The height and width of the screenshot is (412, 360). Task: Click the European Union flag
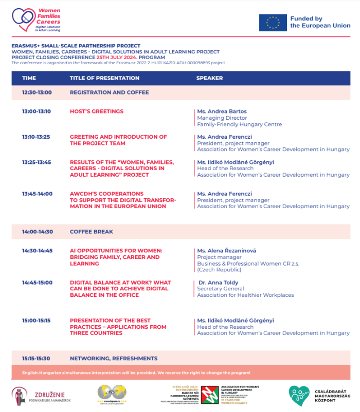pos(273,23)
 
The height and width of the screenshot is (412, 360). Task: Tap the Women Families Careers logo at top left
pos(36,20)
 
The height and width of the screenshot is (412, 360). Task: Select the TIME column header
pos(29,78)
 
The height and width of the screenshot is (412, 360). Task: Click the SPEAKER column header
pos(209,78)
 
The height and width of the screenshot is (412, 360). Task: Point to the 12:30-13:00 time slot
pos(37,92)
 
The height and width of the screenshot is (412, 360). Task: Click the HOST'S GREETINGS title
pos(97,111)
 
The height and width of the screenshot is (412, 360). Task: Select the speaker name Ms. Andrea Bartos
pos(222,111)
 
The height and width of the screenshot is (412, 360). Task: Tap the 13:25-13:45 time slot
pos(37,162)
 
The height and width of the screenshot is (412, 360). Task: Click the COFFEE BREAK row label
pos(92,232)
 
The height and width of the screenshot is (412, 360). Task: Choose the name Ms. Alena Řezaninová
pos(226,251)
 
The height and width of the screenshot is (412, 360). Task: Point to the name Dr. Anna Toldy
pos(219,283)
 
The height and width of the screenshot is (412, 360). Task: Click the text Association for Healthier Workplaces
pos(245,295)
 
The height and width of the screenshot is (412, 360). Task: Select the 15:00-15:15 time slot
pos(37,321)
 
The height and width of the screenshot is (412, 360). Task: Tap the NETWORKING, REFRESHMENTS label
pos(114,358)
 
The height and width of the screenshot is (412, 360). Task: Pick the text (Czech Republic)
pos(219,270)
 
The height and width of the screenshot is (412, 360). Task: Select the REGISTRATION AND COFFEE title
pos(109,92)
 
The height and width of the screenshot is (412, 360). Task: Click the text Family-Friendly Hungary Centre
pos(239,124)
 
